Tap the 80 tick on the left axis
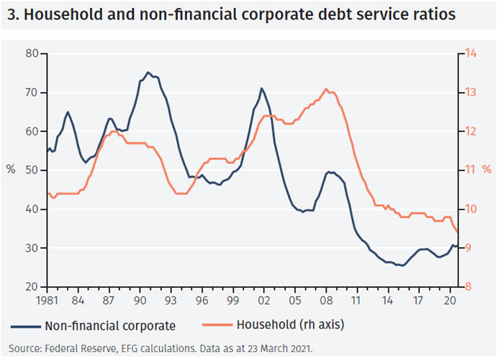(31, 53)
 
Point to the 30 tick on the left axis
(31, 248)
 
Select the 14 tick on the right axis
(471, 53)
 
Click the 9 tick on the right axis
(468, 248)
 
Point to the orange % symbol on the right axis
(486, 170)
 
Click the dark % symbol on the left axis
(12, 170)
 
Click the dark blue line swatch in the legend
(25, 325)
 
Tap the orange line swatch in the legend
(205, 325)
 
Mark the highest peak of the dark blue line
(148, 72)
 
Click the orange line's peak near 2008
(327, 89)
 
